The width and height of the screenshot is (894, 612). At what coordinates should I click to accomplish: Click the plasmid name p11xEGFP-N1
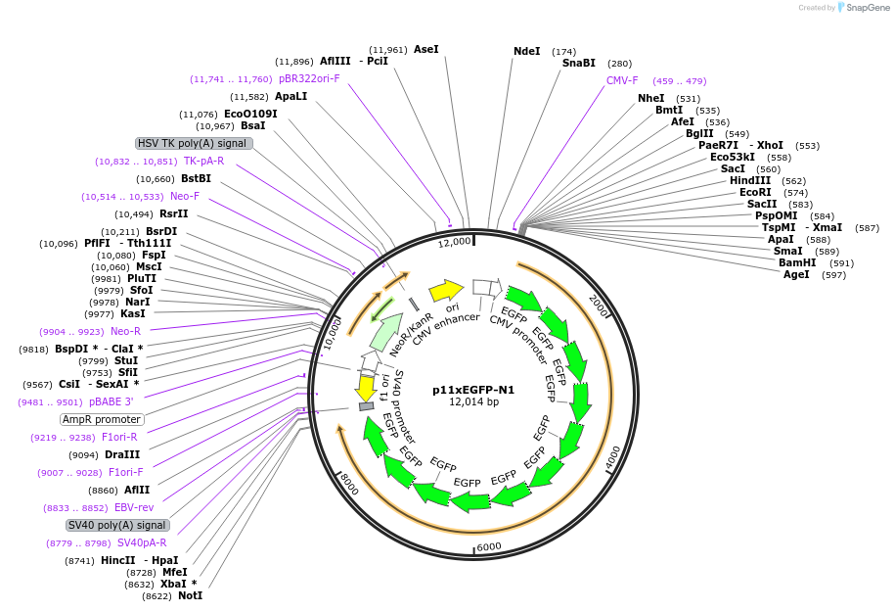473,389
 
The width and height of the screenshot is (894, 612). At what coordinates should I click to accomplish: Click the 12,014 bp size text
473,402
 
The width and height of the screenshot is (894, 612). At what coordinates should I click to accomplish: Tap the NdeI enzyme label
526,51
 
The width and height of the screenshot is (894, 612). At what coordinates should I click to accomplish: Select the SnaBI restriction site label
578,63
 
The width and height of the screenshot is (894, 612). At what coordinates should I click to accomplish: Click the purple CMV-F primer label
622,80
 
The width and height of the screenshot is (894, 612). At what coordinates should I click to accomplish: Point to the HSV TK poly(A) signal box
195,143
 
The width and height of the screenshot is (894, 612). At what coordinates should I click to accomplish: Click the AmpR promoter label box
102,419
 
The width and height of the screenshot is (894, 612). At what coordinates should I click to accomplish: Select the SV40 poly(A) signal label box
104,525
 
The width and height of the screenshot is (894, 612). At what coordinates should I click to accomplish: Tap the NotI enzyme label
191,595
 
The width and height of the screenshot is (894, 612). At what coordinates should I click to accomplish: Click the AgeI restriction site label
796,275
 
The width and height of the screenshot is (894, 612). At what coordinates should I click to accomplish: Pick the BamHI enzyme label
797,262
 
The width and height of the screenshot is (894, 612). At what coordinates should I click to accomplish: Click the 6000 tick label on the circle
488,546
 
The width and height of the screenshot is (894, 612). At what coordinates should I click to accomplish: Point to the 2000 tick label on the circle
600,305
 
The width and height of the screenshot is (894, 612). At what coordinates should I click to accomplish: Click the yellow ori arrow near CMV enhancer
446,290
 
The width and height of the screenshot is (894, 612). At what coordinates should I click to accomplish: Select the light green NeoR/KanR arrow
385,333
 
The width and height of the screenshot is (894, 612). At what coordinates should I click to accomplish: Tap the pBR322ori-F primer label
309,78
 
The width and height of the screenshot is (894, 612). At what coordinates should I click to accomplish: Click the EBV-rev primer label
135,507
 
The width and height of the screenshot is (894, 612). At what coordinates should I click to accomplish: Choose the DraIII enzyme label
122,454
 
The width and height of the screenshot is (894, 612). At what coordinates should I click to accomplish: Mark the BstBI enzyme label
196,178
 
